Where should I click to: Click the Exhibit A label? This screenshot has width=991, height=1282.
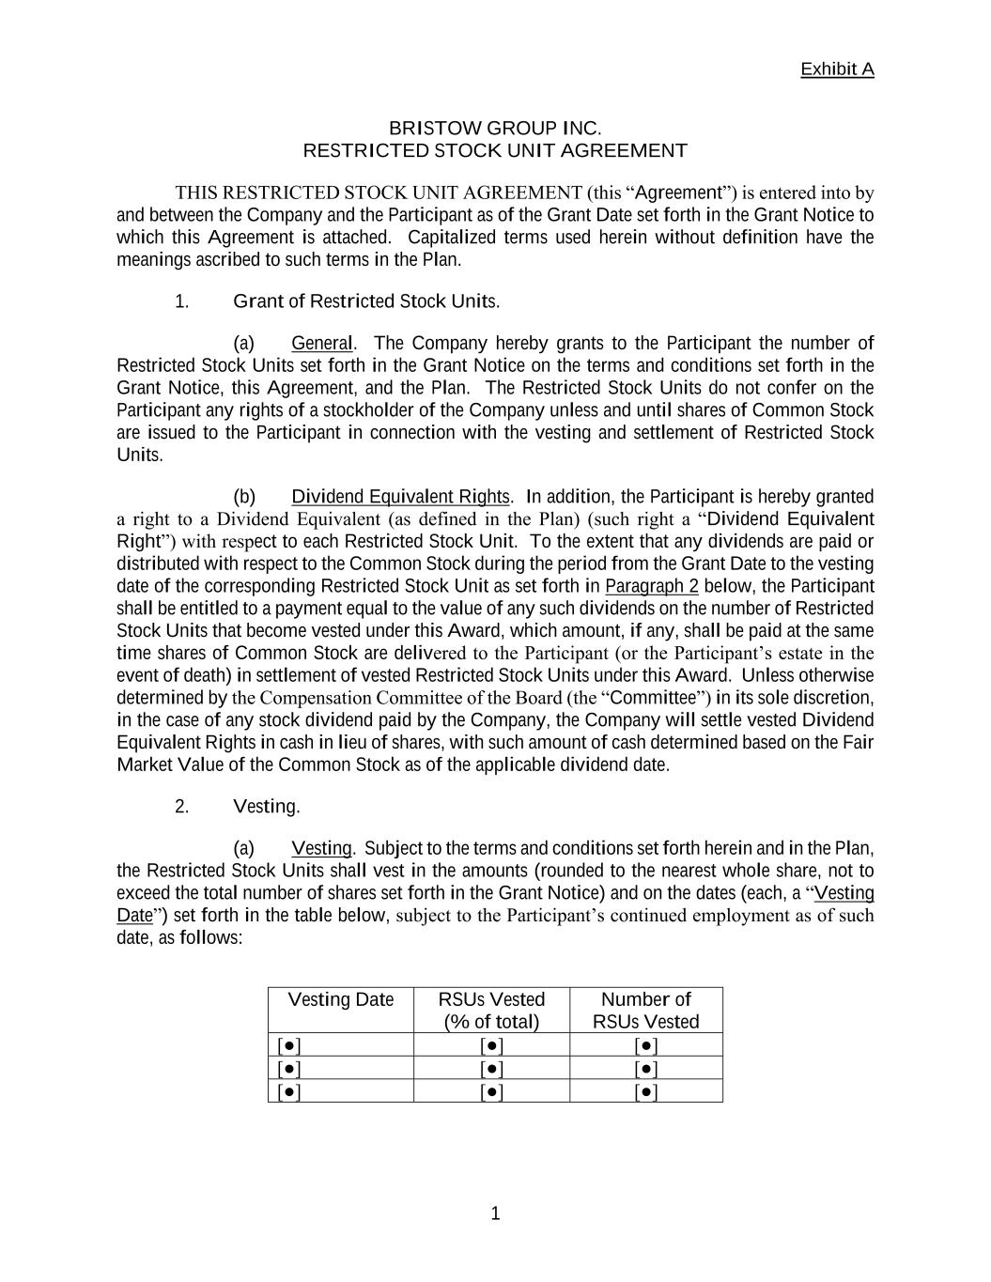[x=836, y=70]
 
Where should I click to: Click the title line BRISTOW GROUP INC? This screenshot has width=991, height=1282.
[x=495, y=128]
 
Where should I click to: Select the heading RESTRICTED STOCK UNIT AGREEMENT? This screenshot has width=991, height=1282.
[x=495, y=150]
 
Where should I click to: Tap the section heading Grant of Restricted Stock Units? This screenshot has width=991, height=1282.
[x=366, y=301]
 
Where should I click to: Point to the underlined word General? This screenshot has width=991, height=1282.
[x=322, y=343]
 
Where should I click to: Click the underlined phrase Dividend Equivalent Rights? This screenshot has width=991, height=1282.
[x=400, y=497]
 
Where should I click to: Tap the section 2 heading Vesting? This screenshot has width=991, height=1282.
[x=266, y=807]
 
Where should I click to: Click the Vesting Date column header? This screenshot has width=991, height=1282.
[x=340, y=999]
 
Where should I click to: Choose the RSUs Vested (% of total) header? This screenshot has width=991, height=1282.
[x=491, y=1011]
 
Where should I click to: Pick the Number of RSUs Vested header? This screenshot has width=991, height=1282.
[x=645, y=1011]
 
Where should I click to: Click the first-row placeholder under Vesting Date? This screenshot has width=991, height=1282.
[x=289, y=1045]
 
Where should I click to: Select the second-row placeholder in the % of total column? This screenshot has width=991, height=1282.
[x=491, y=1069]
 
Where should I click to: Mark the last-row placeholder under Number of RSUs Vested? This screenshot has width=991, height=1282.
[x=646, y=1091]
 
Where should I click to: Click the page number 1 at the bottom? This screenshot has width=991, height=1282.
[x=495, y=1214]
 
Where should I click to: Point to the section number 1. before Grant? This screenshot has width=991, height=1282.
[x=182, y=301]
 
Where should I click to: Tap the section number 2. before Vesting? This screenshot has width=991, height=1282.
[x=182, y=807]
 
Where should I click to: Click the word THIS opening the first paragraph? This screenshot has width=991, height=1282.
[x=196, y=193]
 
